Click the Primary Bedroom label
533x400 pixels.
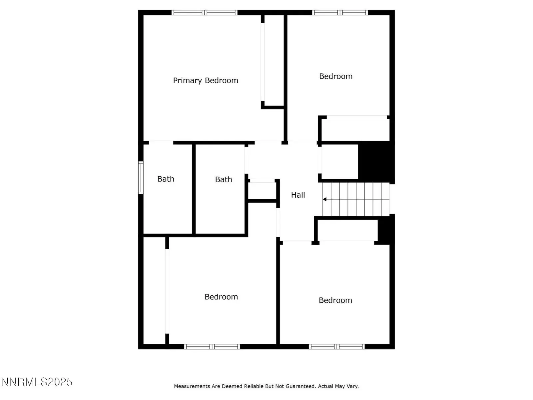tap(206, 81)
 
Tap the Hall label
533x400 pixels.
tap(298, 195)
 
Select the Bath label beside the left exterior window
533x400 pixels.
tap(166, 179)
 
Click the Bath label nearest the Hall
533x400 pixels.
tap(224, 179)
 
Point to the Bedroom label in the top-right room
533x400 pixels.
tap(335, 76)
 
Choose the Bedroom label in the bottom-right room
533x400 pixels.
tap(335, 300)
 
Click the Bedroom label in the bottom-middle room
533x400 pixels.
tap(221, 297)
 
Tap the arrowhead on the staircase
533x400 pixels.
tap(324, 199)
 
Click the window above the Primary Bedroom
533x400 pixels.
tap(205, 13)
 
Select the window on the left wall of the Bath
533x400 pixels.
tap(141, 178)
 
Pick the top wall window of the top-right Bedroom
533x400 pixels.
tap(340, 13)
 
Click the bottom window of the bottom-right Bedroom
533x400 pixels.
tap(336, 347)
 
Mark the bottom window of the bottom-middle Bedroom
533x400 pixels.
tap(212, 347)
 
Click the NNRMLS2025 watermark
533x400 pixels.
tap(37, 382)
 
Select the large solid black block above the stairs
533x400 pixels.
tap(376, 162)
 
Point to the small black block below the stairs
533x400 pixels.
tap(386, 230)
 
